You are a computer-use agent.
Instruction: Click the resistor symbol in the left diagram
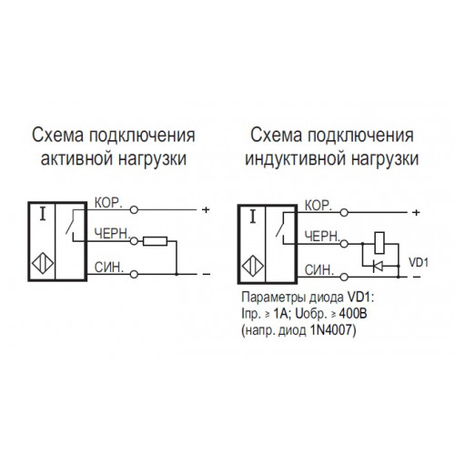coord(155,241)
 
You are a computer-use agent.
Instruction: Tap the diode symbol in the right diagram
coord(378,266)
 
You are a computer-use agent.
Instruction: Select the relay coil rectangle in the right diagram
coord(379,243)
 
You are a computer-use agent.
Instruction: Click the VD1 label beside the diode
coord(419,262)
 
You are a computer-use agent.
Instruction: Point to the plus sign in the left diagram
coord(206,209)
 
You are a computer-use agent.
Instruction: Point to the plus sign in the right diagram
coord(416,213)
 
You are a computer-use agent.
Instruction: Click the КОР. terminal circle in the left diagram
coord(134,209)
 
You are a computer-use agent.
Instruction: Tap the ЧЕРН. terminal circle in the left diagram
coord(134,241)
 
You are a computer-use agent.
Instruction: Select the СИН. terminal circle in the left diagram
coord(134,274)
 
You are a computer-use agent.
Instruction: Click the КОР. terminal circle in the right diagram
coord(344,213)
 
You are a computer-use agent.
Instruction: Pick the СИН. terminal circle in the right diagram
coord(344,277)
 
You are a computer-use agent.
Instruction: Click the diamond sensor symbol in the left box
coord(43,263)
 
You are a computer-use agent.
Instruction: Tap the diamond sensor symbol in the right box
coord(253,266)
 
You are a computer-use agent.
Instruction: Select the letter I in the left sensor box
coord(43,215)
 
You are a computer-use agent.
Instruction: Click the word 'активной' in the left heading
coord(77,158)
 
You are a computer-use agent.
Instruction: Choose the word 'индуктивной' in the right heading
coord(296,159)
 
